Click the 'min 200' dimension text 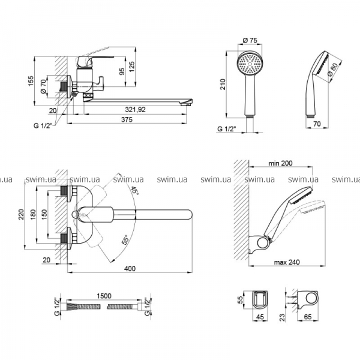[280, 163]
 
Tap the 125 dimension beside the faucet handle [131, 65]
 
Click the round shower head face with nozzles [249, 65]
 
